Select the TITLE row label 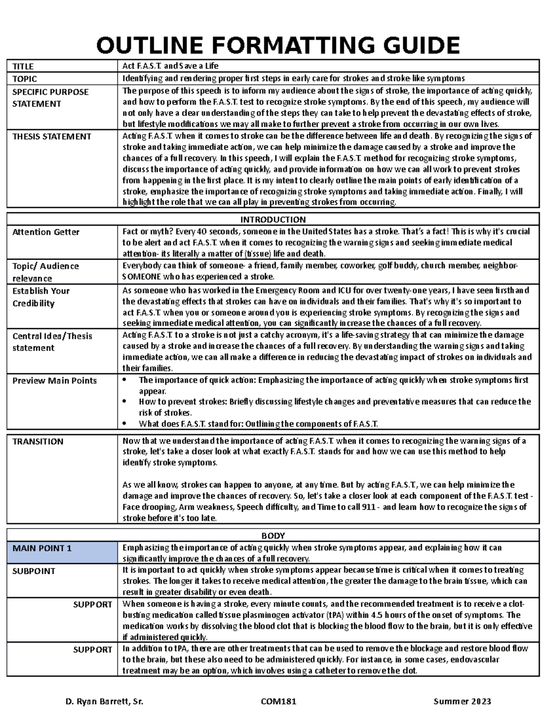click(23, 66)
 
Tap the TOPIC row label click(25, 79)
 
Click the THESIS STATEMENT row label click(52, 136)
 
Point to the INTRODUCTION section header click(273, 219)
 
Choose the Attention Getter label click(46, 232)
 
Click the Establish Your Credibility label click(41, 297)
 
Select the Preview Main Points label click(54, 381)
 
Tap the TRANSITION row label click(38, 441)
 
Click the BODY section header click(273, 535)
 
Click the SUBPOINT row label click(34, 571)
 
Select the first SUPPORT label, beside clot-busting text click(93, 605)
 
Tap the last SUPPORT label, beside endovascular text click(93, 650)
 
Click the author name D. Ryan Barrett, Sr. click(105, 701)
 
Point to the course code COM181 click(278, 701)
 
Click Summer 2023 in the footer click(462, 701)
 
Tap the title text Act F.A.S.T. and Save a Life click(170, 66)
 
